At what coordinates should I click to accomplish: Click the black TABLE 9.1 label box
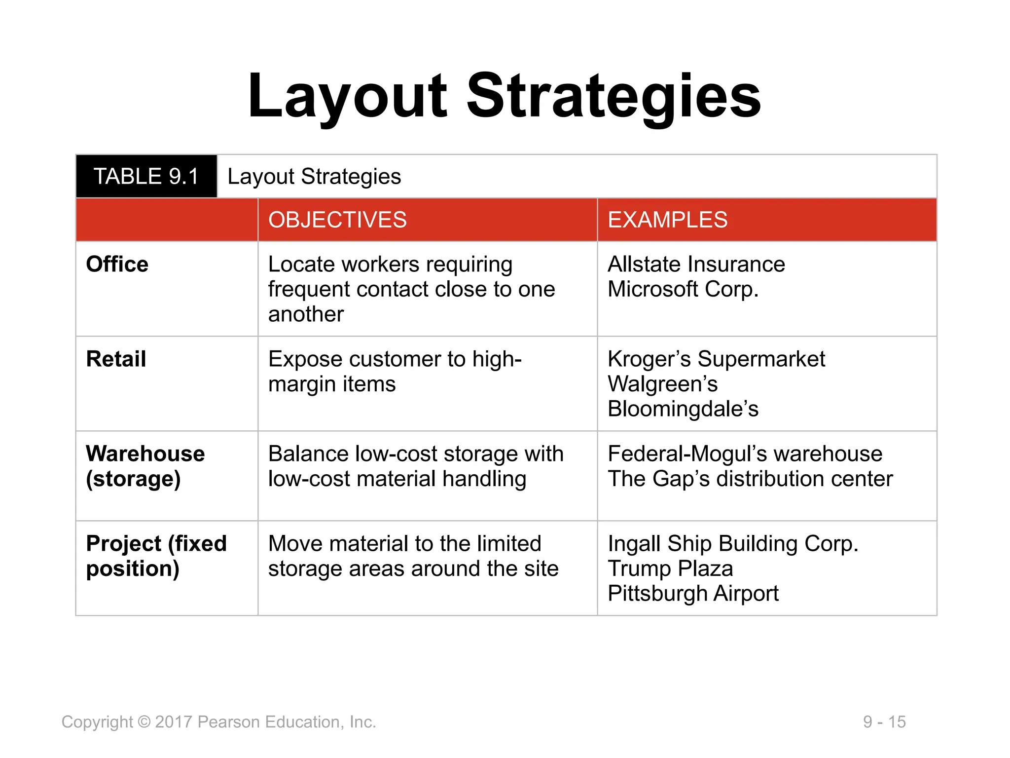pyautogui.click(x=146, y=176)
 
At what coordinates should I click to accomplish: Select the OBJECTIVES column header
pyautogui.click(x=337, y=220)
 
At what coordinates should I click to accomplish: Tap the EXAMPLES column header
pyautogui.click(x=667, y=220)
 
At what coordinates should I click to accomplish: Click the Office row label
pyautogui.click(x=117, y=265)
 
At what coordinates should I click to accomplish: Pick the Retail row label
pyautogui.click(x=116, y=359)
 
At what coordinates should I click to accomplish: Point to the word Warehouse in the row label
pyautogui.click(x=145, y=454)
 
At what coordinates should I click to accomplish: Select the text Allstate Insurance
pyautogui.click(x=696, y=265)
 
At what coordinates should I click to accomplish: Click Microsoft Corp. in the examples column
pyautogui.click(x=683, y=289)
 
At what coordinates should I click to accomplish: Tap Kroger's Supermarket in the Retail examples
pyautogui.click(x=716, y=359)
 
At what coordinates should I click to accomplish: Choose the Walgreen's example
pyautogui.click(x=662, y=384)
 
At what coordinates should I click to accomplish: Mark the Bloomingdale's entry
pyautogui.click(x=683, y=409)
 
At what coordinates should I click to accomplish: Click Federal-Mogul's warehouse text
pyautogui.click(x=745, y=454)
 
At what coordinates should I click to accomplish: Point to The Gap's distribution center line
pyautogui.click(x=750, y=479)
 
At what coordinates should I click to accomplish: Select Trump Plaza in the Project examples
pyautogui.click(x=670, y=568)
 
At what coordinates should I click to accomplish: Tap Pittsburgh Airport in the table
pyautogui.click(x=692, y=594)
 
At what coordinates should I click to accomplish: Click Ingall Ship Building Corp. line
pyautogui.click(x=733, y=544)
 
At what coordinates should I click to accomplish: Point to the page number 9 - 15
pyautogui.click(x=884, y=722)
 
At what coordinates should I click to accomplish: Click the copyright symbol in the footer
pyautogui.click(x=144, y=722)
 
